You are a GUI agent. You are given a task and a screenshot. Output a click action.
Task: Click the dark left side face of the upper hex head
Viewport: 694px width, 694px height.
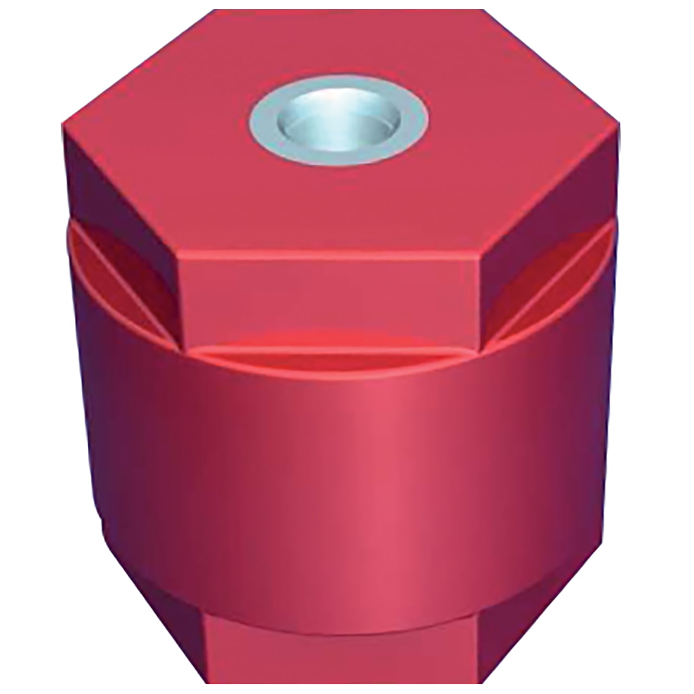[x=119, y=211]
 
